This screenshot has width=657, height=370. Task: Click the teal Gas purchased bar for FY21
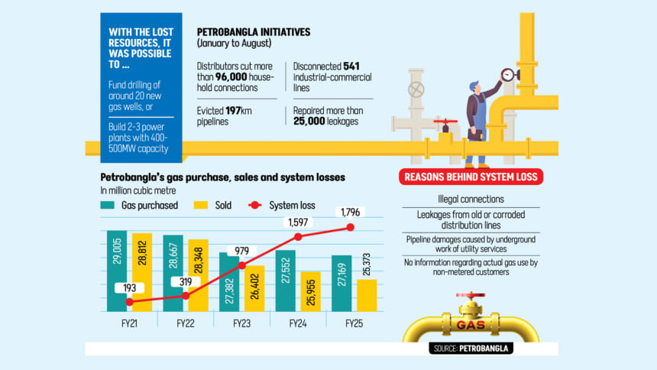point(117,271)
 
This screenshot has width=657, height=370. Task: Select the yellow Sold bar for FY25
point(367,296)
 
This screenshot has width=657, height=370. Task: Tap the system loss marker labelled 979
point(242,265)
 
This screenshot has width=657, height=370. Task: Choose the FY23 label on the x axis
point(241,323)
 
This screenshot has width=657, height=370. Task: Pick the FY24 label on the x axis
point(297,323)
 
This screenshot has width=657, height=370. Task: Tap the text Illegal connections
point(471,200)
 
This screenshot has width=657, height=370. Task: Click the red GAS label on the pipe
point(470,325)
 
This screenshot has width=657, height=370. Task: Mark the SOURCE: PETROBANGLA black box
point(471,348)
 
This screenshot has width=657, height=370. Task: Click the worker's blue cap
point(474,85)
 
